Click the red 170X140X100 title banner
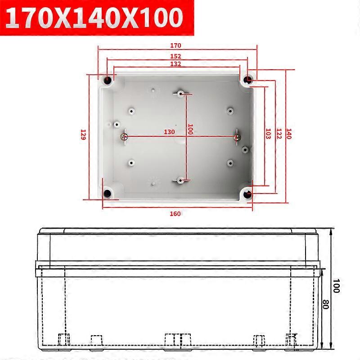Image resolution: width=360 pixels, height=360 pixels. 97,18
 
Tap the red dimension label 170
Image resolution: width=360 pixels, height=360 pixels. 175,45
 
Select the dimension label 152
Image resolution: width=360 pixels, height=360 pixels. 175,56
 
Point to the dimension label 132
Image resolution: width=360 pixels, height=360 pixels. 175,64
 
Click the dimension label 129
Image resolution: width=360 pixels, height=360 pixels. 83,135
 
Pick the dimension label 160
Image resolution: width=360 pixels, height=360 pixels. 175,214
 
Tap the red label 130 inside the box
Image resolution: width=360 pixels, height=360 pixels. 170,132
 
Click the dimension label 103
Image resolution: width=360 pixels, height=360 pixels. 268,134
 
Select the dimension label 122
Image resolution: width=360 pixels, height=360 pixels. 279,134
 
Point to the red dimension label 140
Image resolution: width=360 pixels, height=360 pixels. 289,134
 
